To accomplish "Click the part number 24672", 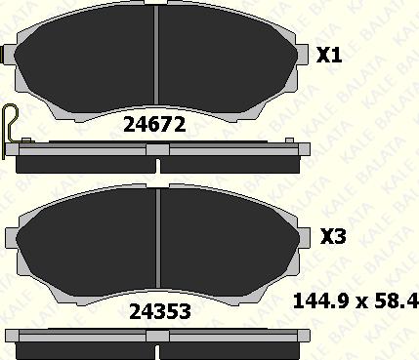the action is tap(154, 125).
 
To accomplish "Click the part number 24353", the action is tap(160, 311).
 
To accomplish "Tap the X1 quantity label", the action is tap(329, 55).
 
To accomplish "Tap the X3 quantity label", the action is tap(333, 236).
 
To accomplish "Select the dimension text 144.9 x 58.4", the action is tap(356, 301).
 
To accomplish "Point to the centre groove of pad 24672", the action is tap(156, 55).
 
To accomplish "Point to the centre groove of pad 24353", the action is tap(158, 238).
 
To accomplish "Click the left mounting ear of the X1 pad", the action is tap(9, 55).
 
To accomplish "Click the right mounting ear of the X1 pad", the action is tap(303, 55).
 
